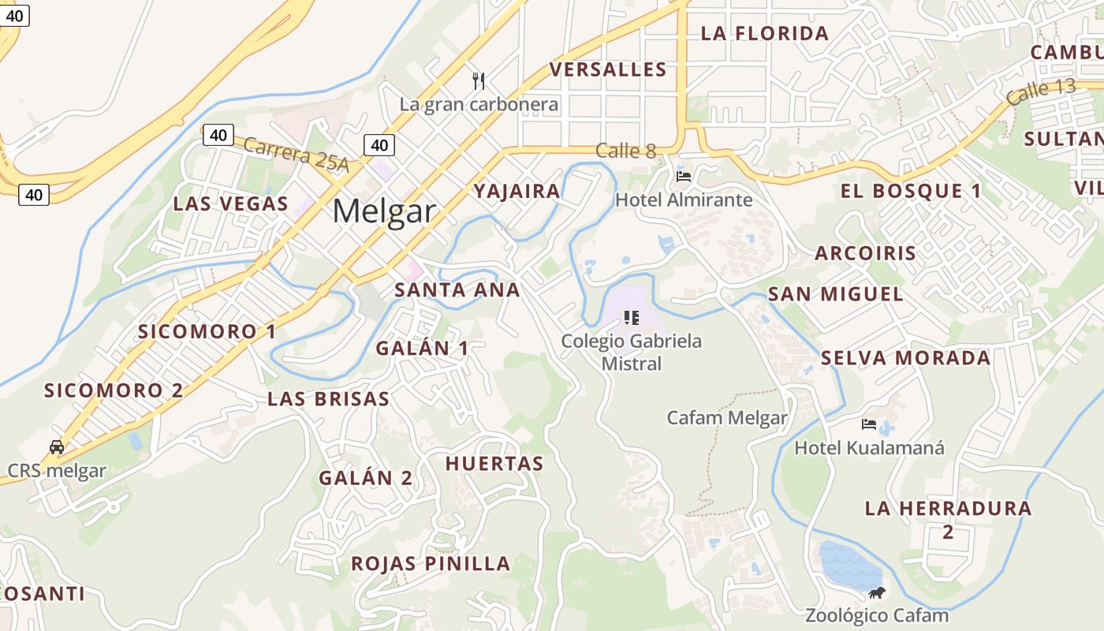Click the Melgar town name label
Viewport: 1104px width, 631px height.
[x=384, y=211]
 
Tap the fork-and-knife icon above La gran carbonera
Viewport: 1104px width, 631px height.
[x=478, y=80]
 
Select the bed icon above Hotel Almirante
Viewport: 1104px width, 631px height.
[x=684, y=176]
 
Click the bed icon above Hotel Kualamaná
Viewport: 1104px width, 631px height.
[x=868, y=424]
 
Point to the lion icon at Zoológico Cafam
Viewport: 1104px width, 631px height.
[x=876, y=592]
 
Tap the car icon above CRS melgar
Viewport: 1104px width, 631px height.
[x=57, y=446]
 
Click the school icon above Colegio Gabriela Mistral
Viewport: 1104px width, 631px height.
[x=631, y=318]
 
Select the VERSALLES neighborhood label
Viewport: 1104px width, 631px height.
[x=608, y=69]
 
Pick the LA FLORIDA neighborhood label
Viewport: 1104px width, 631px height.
[x=765, y=33]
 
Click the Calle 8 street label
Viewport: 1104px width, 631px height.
[x=625, y=150]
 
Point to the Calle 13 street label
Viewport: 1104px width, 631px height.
[x=1041, y=92]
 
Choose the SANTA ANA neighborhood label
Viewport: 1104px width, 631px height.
[x=457, y=289]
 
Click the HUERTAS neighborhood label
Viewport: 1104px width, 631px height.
[x=494, y=463]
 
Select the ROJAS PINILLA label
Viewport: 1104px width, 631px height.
[x=431, y=563]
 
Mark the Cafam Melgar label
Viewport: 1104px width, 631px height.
[x=727, y=418]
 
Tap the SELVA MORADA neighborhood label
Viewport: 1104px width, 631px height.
[x=905, y=358]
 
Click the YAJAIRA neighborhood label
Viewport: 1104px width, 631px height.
[x=517, y=191]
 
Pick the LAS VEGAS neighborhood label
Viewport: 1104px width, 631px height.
[x=231, y=203]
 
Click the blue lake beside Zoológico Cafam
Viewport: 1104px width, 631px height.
[x=849, y=564]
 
